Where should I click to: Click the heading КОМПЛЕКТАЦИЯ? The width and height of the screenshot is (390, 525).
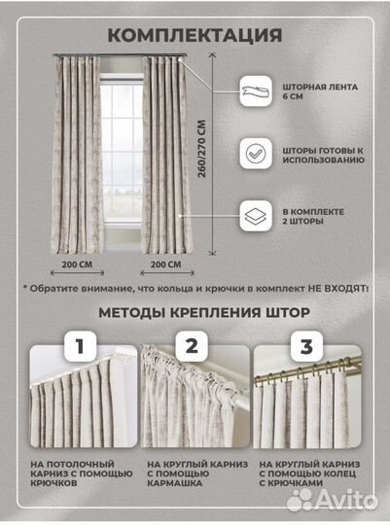(x=195, y=36)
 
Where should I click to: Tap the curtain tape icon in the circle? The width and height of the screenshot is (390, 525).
(x=256, y=93)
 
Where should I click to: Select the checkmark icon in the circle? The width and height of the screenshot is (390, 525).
(x=256, y=154)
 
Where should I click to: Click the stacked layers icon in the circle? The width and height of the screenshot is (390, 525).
(x=256, y=214)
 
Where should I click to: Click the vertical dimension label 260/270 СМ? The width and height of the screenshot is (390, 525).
(x=202, y=156)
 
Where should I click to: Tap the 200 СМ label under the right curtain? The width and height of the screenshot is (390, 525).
(x=164, y=262)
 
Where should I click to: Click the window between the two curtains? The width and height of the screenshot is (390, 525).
(x=120, y=146)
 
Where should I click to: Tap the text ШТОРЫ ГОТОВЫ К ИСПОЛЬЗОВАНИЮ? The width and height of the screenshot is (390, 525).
(x=324, y=154)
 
